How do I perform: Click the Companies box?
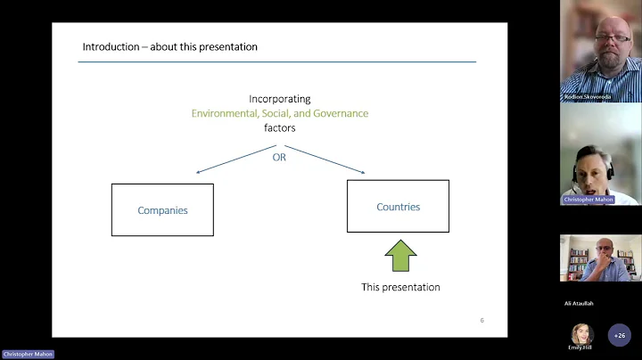(162, 210)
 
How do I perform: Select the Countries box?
(398, 207)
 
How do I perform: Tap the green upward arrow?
(400, 255)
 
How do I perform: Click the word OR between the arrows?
(279, 157)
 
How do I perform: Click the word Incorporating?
(280, 100)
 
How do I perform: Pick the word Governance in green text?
(336, 113)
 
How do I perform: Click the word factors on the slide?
(279, 127)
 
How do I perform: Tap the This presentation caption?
(400, 287)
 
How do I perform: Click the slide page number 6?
(481, 320)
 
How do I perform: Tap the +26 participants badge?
(620, 335)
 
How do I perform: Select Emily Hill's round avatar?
(582, 333)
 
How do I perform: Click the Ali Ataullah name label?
(579, 303)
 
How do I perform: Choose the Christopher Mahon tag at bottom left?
(28, 354)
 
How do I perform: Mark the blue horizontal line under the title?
(276, 61)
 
